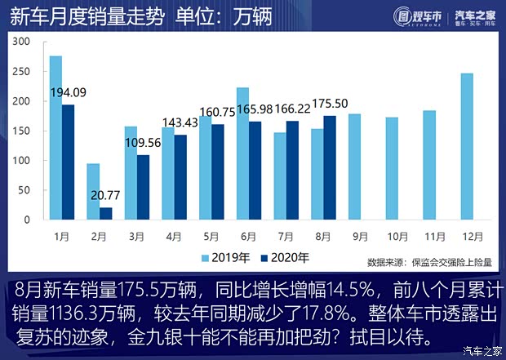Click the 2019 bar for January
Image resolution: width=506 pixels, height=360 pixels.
coord(55,138)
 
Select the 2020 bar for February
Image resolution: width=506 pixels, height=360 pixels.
coord(105,213)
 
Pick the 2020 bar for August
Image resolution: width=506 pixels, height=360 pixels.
coord(330,168)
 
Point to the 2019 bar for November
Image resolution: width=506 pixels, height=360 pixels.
coord(429,165)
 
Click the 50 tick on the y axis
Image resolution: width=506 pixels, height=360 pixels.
coord(25,190)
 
